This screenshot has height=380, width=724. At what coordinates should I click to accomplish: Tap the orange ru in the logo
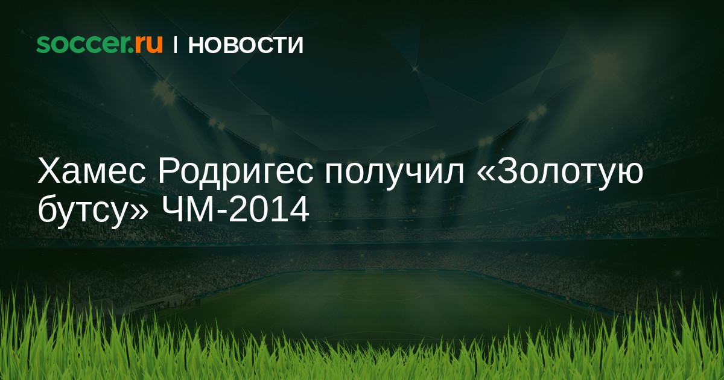(x=148, y=44)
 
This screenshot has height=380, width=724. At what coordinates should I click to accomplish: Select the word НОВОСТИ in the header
(x=246, y=45)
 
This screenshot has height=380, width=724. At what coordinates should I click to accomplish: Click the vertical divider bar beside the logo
(x=175, y=45)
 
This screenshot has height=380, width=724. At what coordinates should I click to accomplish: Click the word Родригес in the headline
(x=236, y=174)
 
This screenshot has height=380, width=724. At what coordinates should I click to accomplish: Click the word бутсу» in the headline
(x=93, y=211)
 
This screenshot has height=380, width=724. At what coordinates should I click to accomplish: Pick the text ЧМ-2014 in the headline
(x=235, y=209)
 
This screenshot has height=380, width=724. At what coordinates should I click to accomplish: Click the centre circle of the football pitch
(x=378, y=295)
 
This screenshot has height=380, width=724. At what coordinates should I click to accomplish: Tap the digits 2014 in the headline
(x=269, y=209)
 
